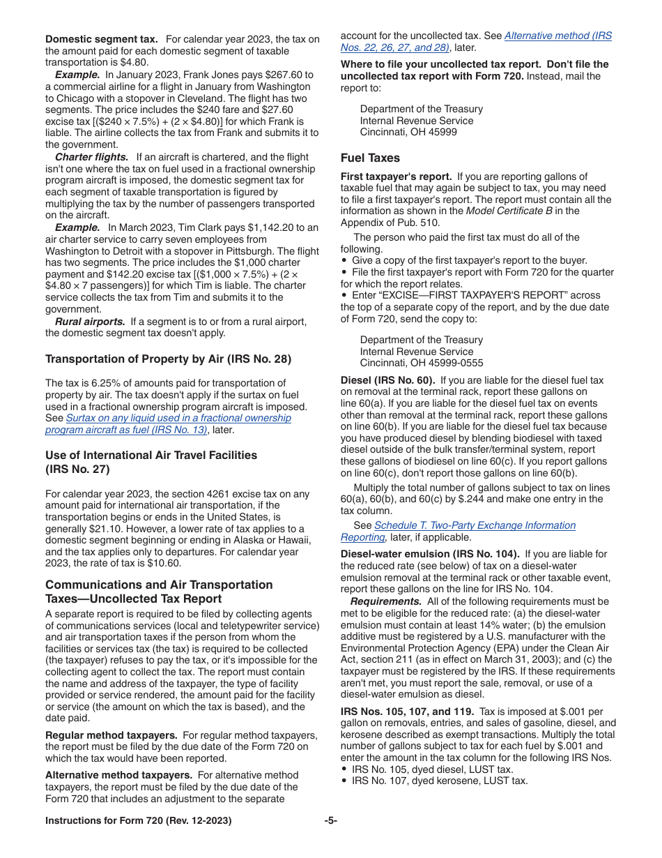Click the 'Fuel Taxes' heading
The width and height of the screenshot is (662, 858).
tap(370, 158)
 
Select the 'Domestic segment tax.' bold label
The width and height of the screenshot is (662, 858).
tap(102, 40)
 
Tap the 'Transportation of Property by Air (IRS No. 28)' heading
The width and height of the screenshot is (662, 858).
tap(168, 359)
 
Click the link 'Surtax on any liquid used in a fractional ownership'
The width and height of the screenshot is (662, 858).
tap(178, 418)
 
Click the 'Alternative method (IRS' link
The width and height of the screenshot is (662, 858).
tap(557, 36)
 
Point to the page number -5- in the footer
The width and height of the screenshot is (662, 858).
tap(330, 821)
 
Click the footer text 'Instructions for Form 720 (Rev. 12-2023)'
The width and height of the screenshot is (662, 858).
tap(139, 821)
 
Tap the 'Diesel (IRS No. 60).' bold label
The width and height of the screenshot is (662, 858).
tap(387, 380)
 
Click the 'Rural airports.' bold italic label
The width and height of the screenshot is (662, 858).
tap(90, 322)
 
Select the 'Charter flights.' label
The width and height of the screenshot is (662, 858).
tap(91, 158)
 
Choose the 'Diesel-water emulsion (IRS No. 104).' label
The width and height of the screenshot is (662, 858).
tap(429, 554)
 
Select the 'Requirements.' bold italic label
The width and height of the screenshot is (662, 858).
tap(385, 601)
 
